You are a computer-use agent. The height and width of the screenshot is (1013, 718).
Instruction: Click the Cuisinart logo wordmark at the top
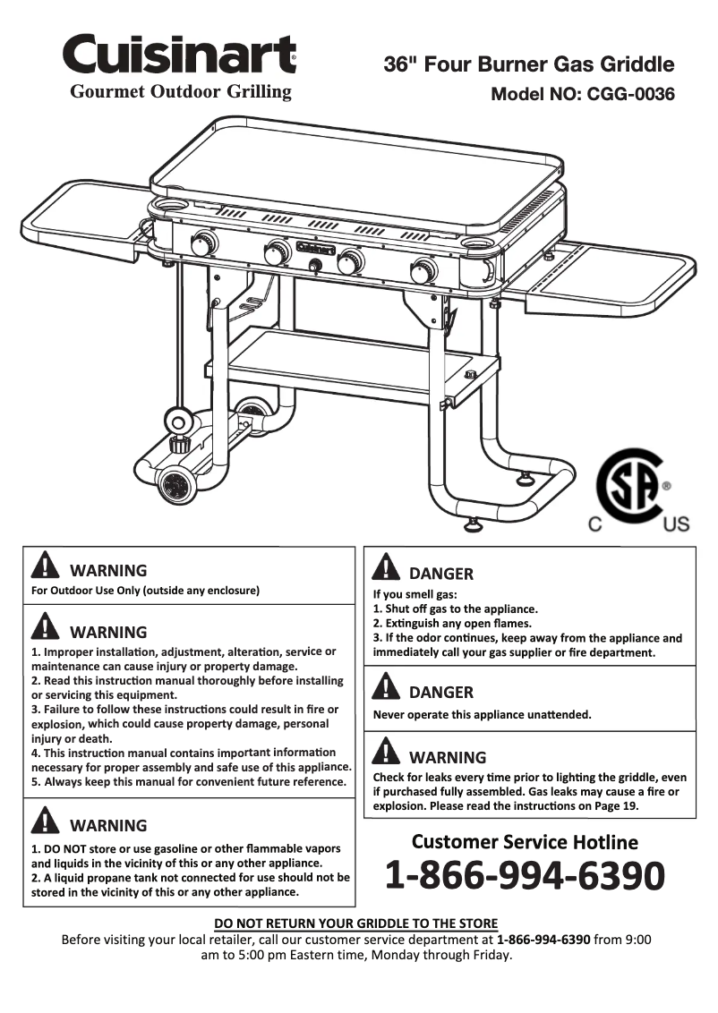click(x=179, y=55)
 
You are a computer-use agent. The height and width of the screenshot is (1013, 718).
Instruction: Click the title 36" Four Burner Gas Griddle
click(x=528, y=64)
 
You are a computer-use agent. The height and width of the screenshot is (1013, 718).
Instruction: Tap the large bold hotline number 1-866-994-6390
click(x=525, y=875)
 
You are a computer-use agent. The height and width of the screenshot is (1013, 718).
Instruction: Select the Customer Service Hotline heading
click(x=525, y=842)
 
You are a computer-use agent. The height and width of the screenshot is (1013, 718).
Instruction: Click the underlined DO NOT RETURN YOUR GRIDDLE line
click(x=356, y=924)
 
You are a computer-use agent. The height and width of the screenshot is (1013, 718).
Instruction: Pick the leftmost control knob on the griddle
click(x=205, y=243)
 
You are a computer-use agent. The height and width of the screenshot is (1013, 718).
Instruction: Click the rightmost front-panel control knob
click(x=423, y=270)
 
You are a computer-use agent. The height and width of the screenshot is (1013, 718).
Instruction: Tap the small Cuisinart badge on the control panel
click(x=315, y=248)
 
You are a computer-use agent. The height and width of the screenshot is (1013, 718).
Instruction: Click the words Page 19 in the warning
click(x=614, y=805)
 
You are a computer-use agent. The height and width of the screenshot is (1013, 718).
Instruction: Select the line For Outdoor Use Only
click(x=145, y=591)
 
